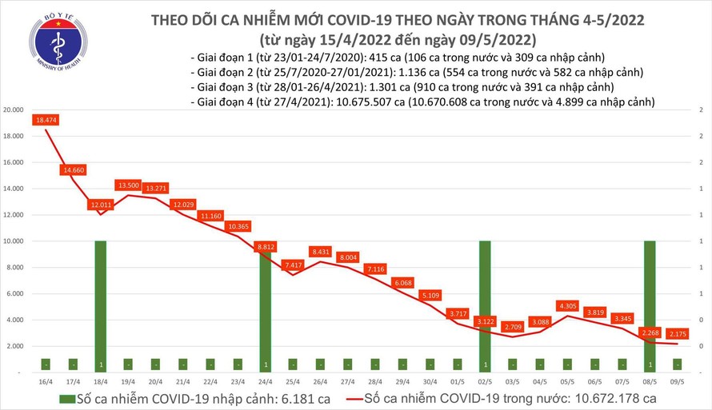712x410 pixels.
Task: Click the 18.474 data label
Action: pos(46,120)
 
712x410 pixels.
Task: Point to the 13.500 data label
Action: pos(128,185)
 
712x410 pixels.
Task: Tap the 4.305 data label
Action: pos(567,305)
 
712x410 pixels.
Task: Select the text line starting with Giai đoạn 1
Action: pos(398,57)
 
